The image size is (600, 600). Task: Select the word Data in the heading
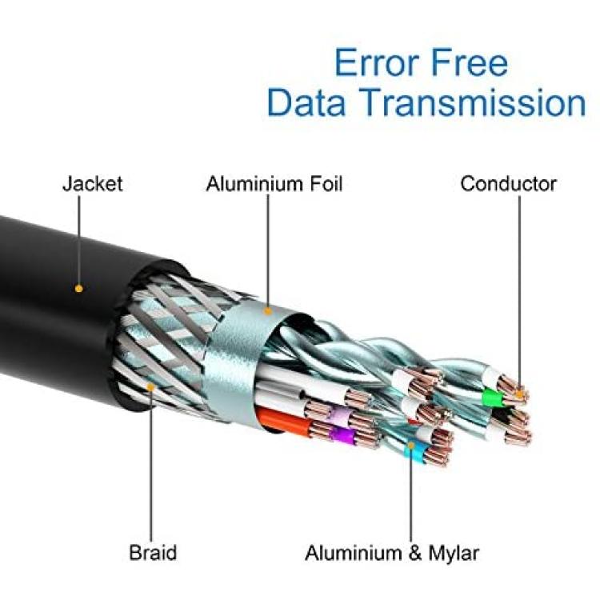click(307, 102)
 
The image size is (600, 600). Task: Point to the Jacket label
click(93, 184)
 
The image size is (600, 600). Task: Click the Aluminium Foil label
click(274, 184)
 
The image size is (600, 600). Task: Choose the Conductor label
click(509, 184)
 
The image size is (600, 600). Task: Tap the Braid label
click(153, 553)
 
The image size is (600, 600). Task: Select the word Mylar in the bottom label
click(454, 554)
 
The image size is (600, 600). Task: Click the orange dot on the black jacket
click(79, 288)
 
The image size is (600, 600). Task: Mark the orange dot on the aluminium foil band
click(268, 311)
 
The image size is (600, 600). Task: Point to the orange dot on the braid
click(150, 388)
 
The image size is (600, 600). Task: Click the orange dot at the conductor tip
click(519, 394)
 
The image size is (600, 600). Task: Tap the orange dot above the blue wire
click(411, 446)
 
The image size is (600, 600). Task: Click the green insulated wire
click(492, 398)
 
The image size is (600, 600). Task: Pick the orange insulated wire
click(283, 420)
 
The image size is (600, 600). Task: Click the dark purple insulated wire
click(342, 435)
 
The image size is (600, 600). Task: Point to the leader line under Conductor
click(519, 293)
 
